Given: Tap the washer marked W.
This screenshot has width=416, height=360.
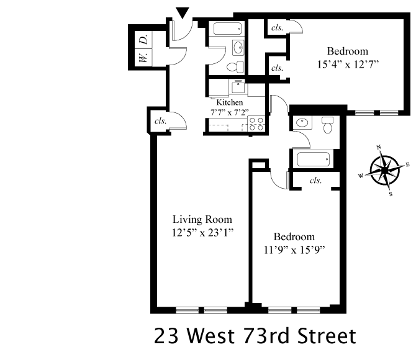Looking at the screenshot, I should tap(143, 58).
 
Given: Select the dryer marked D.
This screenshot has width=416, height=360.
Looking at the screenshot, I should tap(143, 40).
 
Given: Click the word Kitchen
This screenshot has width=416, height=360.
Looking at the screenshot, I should tap(230, 102).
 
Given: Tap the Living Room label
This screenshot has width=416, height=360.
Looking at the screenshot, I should tap(202, 219).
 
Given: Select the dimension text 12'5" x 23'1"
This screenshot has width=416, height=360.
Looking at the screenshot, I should tap(202, 233).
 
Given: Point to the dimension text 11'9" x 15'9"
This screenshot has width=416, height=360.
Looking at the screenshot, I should tap(294, 251).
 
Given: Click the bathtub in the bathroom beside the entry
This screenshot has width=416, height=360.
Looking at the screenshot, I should tap(227, 29).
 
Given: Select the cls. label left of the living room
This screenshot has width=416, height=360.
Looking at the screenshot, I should tap(160, 120).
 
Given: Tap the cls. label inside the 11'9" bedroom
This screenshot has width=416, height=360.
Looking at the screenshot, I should tap(315, 181).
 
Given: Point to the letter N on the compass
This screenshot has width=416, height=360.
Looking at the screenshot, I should tap(379, 148).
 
